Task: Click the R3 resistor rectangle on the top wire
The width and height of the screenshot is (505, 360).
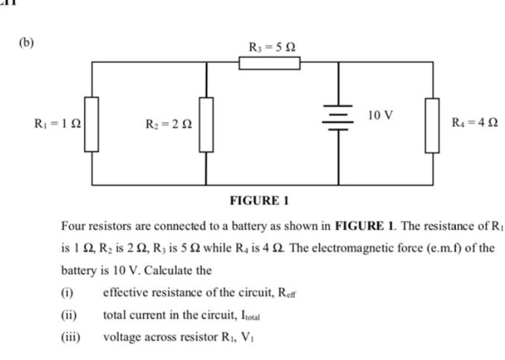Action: pyautogui.click(x=269, y=63)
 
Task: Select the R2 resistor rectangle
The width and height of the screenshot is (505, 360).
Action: pyautogui.click(x=206, y=123)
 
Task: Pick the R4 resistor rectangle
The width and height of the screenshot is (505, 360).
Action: pyautogui.click(x=432, y=124)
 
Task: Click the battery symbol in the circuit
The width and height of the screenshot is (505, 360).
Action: pyautogui.click(x=338, y=118)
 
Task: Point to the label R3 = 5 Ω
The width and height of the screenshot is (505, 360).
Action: pyautogui.click(x=275, y=46)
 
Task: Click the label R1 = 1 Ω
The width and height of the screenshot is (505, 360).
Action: pyautogui.click(x=57, y=122)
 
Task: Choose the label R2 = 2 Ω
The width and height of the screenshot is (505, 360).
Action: pyautogui.click(x=169, y=123)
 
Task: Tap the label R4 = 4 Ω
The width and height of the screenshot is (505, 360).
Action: pyautogui.click(x=474, y=122)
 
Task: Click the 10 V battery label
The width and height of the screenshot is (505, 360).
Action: pyautogui.click(x=381, y=116)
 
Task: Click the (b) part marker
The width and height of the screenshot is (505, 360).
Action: pyautogui.click(x=25, y=43)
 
